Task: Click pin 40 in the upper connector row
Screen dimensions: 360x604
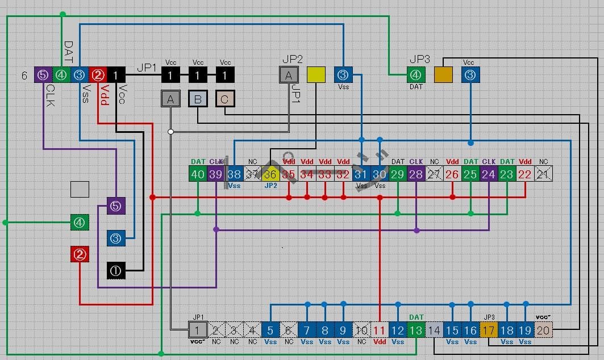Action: [x=198, y=174]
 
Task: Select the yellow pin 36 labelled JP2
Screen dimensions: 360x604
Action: [x=270, y=174]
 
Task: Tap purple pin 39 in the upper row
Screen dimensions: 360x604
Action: [x=216, y=174]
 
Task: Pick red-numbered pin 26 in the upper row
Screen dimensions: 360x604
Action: [x=452, y=174]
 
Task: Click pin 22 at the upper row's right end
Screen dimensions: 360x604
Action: [x=525, y=174]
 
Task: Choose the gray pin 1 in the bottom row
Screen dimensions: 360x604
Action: [x=197, y=330]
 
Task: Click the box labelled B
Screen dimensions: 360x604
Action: [x=198, y=99]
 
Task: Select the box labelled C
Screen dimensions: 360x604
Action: [x=225, y=99]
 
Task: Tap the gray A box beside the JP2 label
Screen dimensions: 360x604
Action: [x=289, y=75]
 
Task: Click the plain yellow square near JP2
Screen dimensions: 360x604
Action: [x=316, y=75]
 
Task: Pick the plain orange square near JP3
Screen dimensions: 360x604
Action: [x=443, y=75]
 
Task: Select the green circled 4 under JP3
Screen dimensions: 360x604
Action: [x=416, y=75]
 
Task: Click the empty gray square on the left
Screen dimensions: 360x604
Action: [x=80, y=189]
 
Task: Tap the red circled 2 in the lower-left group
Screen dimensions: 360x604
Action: [x=80, y=254]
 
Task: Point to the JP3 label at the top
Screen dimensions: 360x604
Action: [x=420, y=59]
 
